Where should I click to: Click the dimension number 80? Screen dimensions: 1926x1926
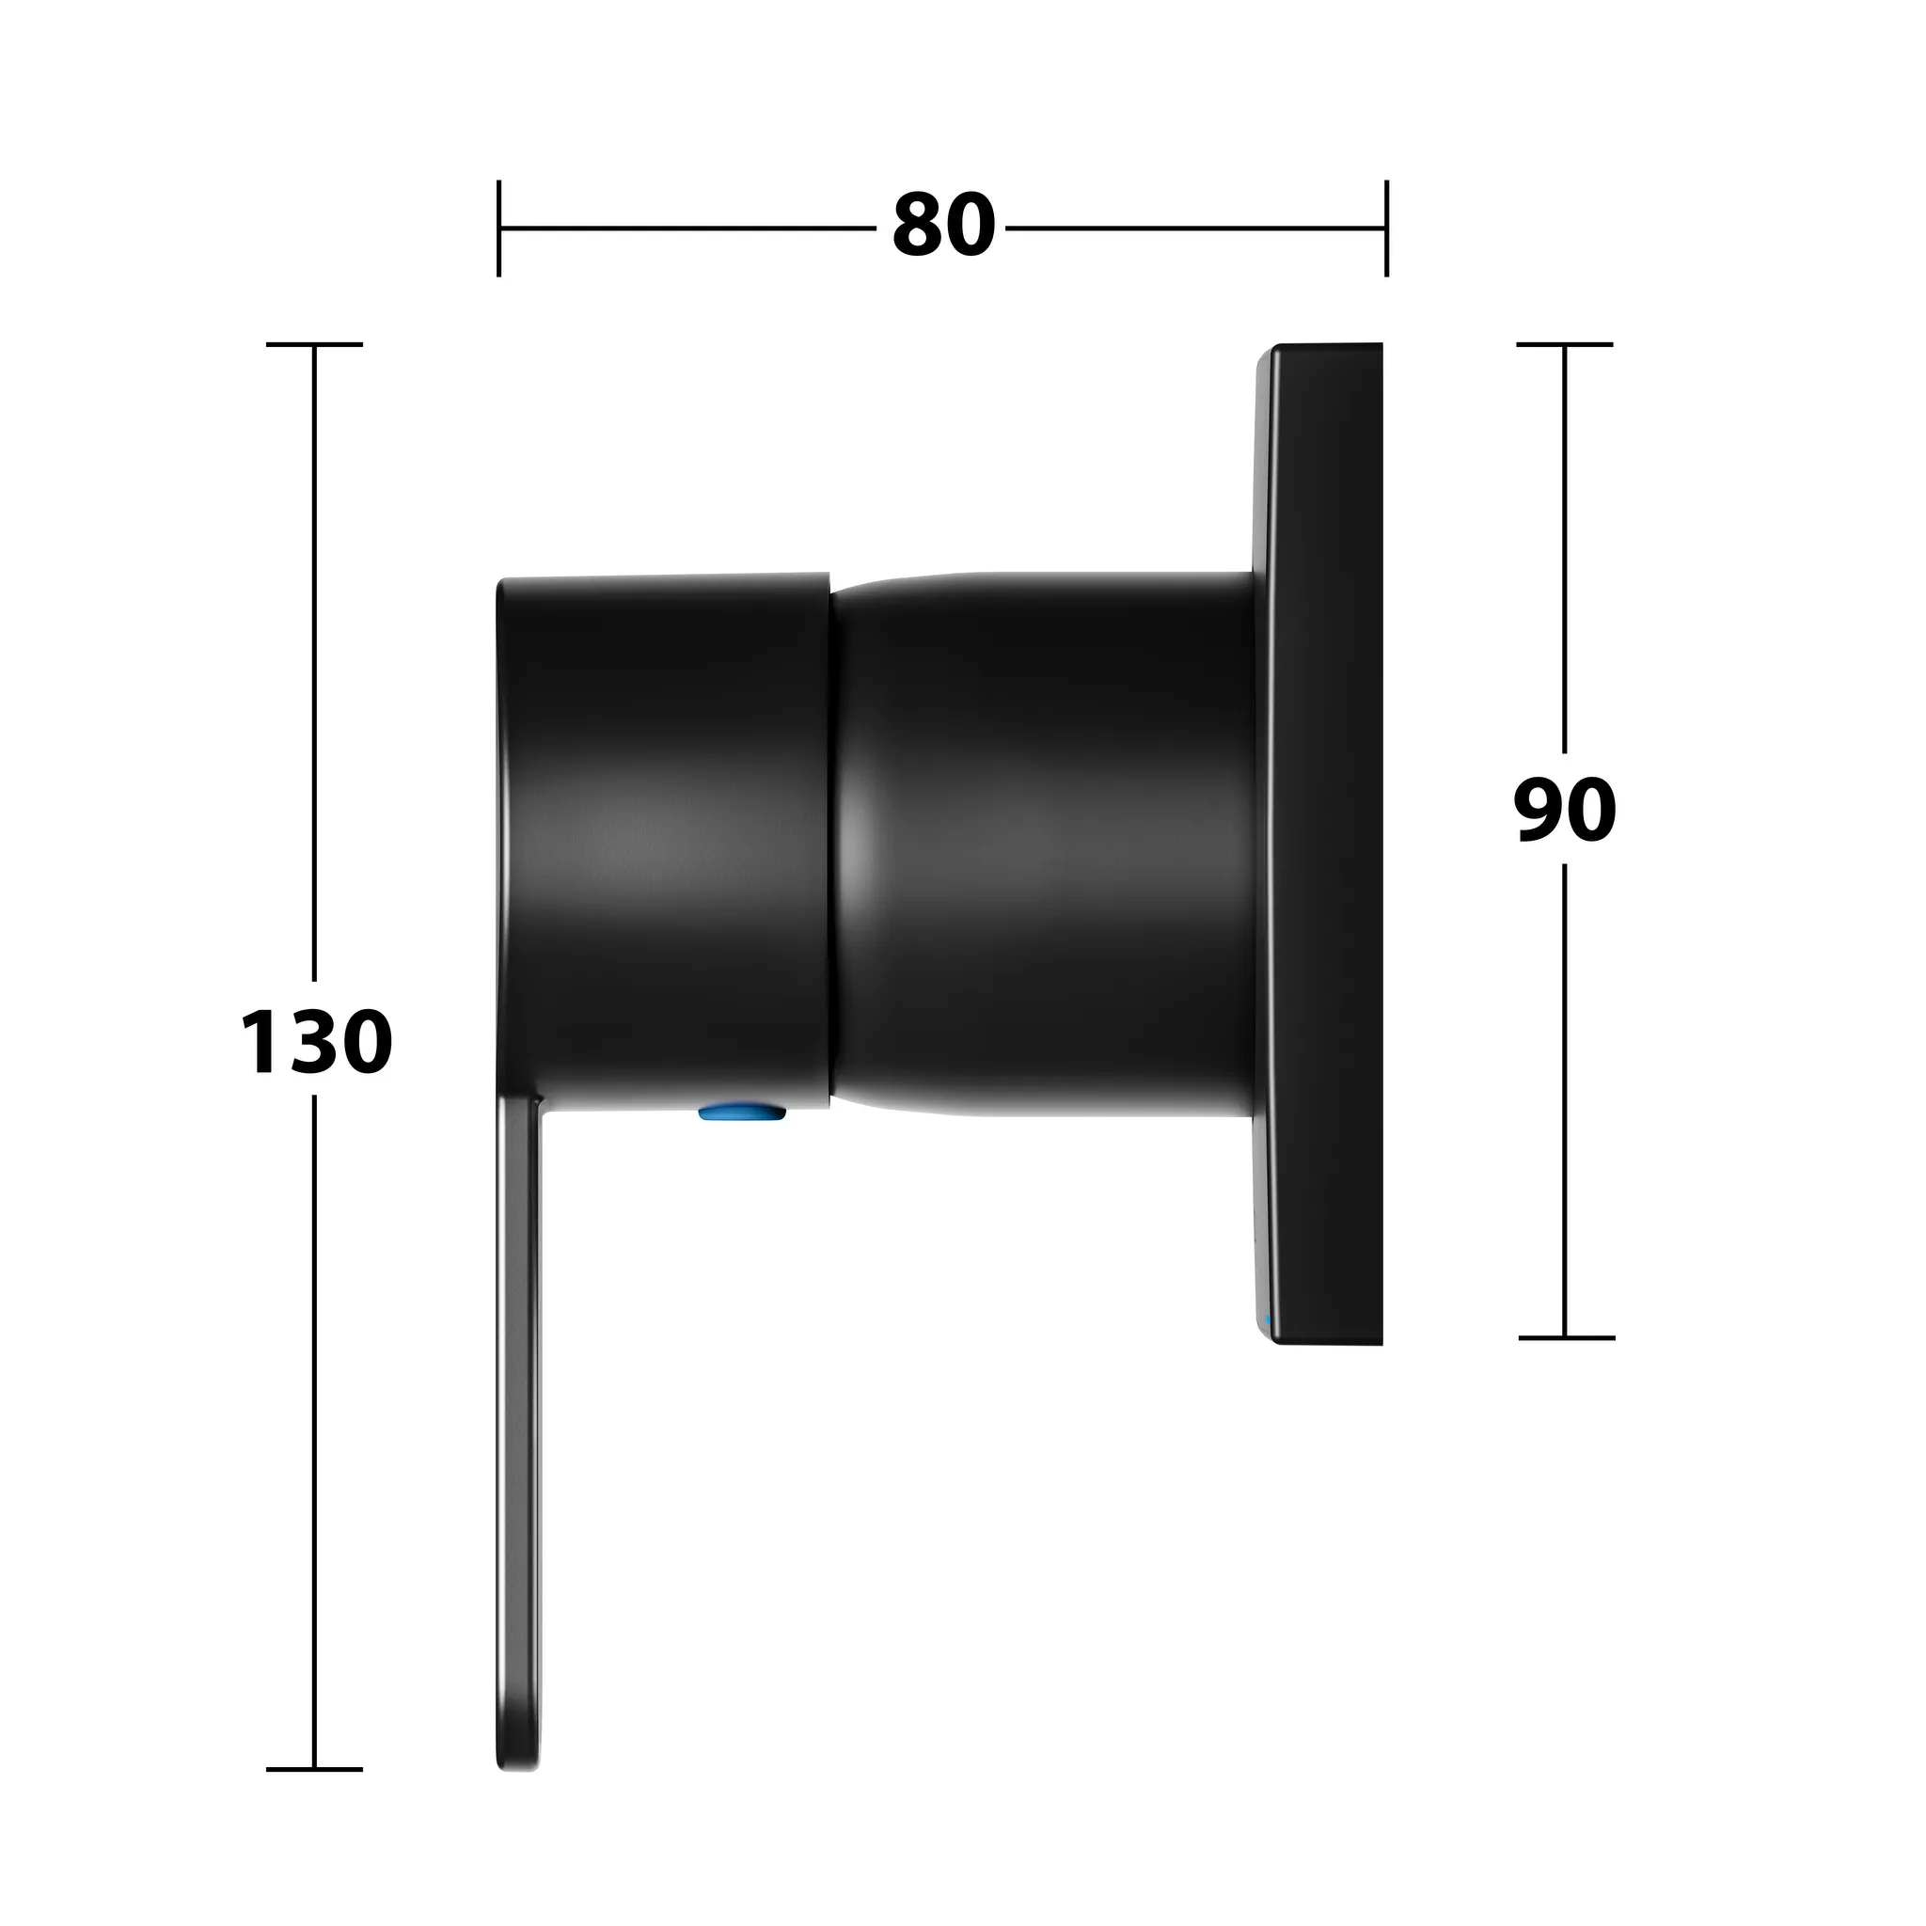pyautogui.click(x=943, y=227)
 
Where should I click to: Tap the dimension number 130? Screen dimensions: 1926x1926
pyautogui.click(x=316, y=1042)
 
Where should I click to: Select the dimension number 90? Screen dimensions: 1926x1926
pyautogui.click(x=1564, y=810)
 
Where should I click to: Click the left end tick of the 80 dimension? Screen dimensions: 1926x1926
pyautogui.click(x=498, y=229)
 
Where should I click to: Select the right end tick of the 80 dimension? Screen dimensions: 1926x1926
pyautogui.click(x=1385, y=229)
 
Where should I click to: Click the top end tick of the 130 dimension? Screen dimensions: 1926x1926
pyautogui.click(x=314, y=345)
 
